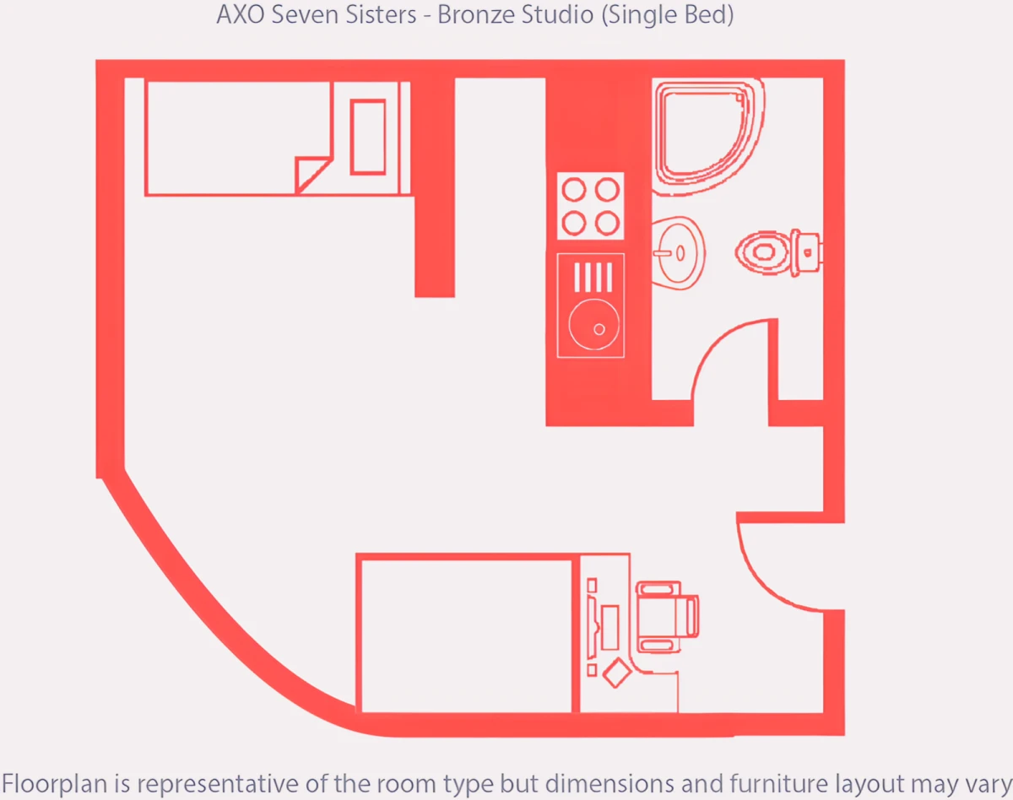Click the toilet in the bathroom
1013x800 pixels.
(x=779, y=252)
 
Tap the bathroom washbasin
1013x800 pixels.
(x=679, y=253)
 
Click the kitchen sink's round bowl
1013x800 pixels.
(x=593, y=325)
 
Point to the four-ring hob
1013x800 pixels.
(x=591, y=206)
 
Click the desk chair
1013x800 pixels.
(x=668, y=617)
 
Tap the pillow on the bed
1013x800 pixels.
(x=368, y=137)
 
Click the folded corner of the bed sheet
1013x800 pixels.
(x=311, y=175)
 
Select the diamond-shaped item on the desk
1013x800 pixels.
(x=616, y=673)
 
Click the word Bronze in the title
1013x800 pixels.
(x=475, y=14)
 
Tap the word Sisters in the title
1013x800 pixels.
(x=381, y=14)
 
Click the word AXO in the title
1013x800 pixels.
(x=240, y=14)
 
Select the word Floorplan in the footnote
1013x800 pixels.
(x=56, y=784)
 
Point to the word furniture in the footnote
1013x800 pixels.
(x=778, y=784)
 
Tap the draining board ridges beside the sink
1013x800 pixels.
(x=593, y=277)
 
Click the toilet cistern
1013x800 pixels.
(x=807, y=252)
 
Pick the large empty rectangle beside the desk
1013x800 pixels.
(x=467, y=636)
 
